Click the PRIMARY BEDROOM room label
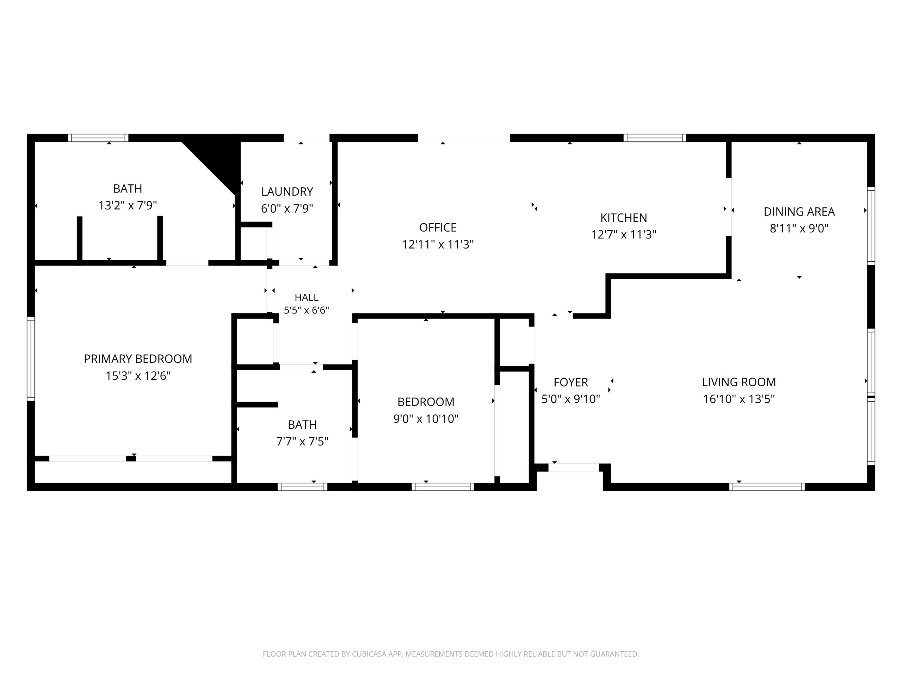138,359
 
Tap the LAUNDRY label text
287,191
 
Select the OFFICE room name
438,227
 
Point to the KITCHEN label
624,218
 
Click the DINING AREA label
799,211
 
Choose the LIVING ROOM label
739,382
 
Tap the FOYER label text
571,382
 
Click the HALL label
307,298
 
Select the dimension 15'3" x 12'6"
138,376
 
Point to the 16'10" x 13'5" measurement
739,399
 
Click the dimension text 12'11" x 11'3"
438,244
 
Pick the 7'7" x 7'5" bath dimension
302,441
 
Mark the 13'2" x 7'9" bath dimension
128,205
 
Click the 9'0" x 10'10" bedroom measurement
426,419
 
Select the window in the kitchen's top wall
655,138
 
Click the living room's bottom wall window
767,487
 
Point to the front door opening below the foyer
574,468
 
